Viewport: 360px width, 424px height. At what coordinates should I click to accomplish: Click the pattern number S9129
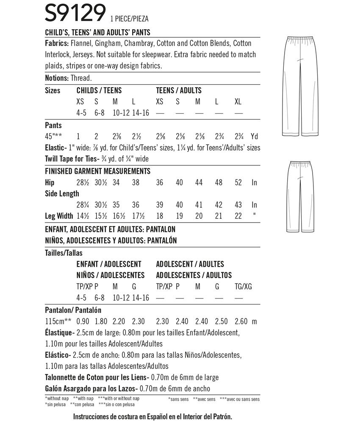75,14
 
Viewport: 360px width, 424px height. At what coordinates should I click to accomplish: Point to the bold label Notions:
56,78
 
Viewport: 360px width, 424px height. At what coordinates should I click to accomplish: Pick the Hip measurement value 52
238,182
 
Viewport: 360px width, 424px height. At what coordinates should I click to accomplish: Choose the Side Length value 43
238,205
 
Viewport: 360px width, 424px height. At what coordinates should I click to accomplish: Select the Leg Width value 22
238,216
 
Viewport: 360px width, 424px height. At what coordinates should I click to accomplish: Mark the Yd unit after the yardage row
254,137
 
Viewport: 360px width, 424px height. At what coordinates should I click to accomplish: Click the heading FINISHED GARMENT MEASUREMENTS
98,171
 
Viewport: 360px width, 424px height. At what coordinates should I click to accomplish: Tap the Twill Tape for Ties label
70,159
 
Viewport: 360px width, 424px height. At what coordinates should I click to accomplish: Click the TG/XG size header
243,287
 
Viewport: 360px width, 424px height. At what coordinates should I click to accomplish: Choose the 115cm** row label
58,321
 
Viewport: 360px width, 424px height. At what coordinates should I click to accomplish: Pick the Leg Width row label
59,216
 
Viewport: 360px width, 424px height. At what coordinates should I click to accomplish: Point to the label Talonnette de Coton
79,377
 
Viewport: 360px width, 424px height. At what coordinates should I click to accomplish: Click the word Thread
81,78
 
